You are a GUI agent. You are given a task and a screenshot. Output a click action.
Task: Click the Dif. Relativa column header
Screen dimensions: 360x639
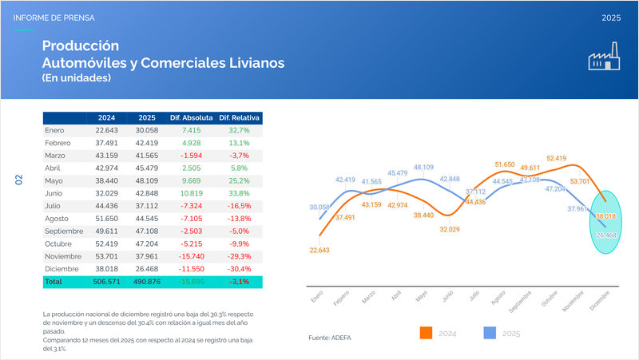click(x=239, y=117)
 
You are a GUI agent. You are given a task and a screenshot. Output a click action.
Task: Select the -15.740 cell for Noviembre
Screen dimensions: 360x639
click(x=194, y=257)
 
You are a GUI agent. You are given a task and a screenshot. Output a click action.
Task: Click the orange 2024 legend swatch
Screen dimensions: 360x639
click(x=426, y=332)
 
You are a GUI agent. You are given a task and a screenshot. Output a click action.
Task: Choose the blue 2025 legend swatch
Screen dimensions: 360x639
click(x=490, y=332)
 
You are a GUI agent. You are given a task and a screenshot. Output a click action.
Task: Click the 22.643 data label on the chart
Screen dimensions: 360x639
click(x=318, y=250)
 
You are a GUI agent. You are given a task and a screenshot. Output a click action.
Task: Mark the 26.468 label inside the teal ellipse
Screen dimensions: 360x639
click(x=606, y=235)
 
